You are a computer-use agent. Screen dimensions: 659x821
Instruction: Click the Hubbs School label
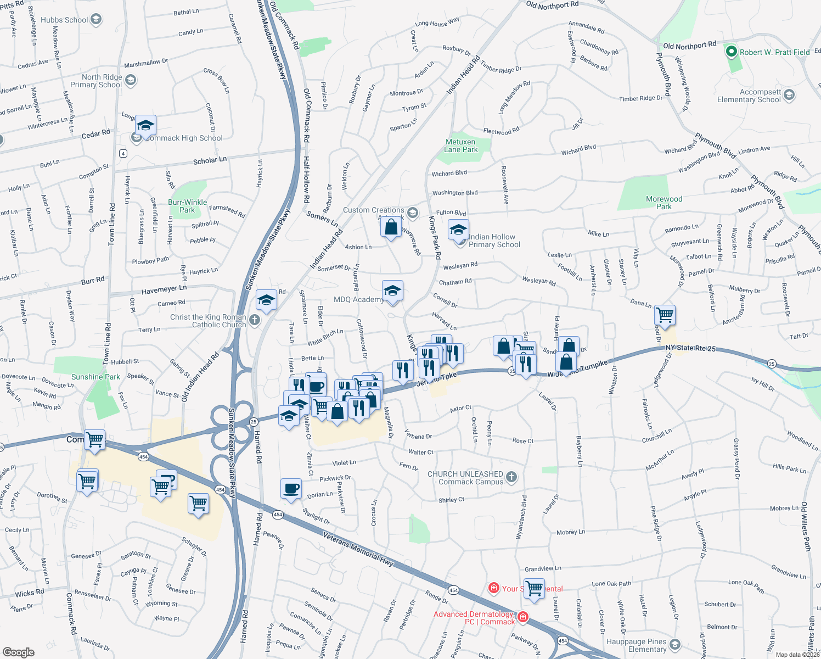click(x=64, y=20)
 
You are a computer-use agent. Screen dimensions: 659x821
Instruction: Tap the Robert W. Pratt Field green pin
click(x=731, y=52)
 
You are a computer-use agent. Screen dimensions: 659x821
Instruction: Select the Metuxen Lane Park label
click(x=460, y=146)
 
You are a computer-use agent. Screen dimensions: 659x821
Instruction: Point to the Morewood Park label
click(x=664, y=203)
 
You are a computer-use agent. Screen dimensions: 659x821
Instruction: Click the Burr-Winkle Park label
click(x=187, y=206)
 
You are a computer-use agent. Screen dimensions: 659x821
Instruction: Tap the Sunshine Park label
click(x=95, y=377)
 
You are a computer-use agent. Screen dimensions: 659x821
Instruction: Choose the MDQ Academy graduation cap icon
click(x=392, y=291)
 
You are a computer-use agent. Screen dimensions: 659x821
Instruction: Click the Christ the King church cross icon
click(x=254, y=320)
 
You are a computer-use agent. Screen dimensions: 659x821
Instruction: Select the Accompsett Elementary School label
click(x=749, y=96)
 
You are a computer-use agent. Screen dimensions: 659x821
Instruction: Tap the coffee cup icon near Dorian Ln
click(x=291, y=488)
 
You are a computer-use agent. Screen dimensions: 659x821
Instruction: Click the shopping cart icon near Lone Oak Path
click(x=534, y=589)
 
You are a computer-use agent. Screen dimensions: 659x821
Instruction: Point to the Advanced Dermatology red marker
click(x=523, y=617)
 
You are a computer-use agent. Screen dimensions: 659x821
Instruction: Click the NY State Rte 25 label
click(x=690, y=348)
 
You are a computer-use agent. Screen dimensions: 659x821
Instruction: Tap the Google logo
click(x=19, y=652)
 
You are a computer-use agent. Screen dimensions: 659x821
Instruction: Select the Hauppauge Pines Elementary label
click(x=636, y=645)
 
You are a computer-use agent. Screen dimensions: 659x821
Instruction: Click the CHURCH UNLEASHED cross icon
click(x=511, y=477)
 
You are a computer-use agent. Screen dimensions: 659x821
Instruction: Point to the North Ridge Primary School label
click(x=96, y=81)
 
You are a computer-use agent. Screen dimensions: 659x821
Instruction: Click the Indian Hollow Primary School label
click(x=494, y=241)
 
